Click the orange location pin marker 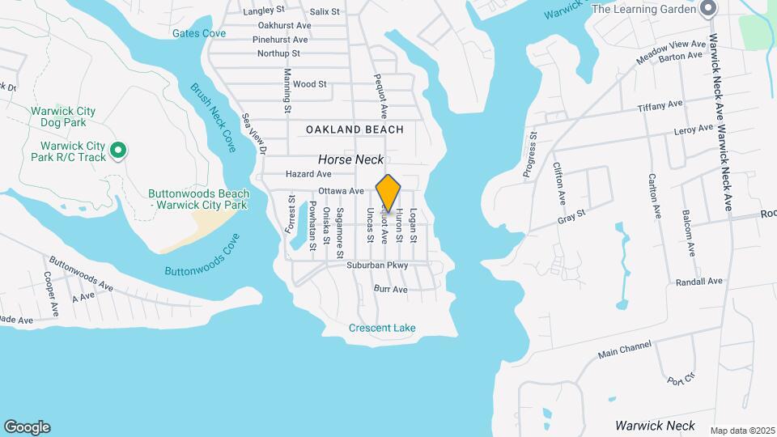[388, 193]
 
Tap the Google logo [27, 426]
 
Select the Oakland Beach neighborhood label [355, 129]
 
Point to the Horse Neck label [350, 160]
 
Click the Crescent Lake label [382, 328]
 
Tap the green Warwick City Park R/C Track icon [118, 150]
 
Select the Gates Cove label [198, 33]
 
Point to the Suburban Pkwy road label [376, 265]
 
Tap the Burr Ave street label [390, 289]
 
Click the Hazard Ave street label [308, 174]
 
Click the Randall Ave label [698, 282]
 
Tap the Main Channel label [624, 350]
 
